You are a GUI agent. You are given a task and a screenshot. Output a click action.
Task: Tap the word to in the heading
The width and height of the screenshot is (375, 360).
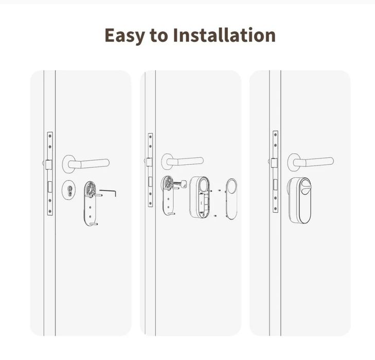pyautogui.click(x=159, y=36)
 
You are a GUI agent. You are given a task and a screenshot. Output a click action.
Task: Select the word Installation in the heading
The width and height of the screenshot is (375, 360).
pyautogui.click(x=225, y=35)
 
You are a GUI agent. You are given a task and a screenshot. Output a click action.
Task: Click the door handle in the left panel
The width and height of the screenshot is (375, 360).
pyautogui.click(x=86, y=164)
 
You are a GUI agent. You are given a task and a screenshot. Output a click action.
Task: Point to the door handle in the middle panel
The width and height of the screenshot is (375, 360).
pyautogui.click(x=182, y=161)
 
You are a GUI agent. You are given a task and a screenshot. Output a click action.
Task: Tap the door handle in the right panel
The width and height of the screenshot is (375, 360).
pyautogui.click(x=310, y=162)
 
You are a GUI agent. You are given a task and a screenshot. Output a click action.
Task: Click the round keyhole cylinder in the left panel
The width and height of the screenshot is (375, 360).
pyautogui.click(x=69, y=189)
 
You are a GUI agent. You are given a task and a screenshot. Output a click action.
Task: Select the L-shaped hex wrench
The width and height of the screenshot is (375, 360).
pyautogui.click(x=108, y=193)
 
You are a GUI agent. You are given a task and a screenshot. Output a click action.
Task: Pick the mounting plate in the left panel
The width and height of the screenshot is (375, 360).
pyautogui.click(x=91, y=203)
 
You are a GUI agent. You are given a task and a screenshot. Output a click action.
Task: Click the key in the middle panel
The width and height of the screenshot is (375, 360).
pyautogui.click(x=181, y=184)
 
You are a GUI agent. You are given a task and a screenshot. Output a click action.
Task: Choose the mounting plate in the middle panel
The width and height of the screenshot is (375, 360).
pyautogui.click(x=168, y=195)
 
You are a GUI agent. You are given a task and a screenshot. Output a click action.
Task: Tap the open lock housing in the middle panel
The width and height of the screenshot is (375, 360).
pyautogui.click(x=200, y=197)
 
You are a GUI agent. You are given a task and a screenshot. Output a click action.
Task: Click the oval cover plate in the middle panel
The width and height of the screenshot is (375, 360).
pyautogui.click(x=231, y=199)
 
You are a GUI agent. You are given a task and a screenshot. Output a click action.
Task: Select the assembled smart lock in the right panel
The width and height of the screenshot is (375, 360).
pyautogui.click(x=300, y=200)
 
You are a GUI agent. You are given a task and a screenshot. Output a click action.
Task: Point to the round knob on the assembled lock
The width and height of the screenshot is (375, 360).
pyautogui.click(x=306, y=186)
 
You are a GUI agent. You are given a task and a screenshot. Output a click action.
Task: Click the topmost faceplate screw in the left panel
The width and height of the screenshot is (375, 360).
pyautogui.click(x=50, y=136)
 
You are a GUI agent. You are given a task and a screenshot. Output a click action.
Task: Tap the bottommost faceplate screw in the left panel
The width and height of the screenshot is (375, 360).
pyautogui.click(x=50, y=211)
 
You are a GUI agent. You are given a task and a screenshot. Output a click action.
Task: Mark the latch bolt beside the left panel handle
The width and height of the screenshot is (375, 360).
pyautogui.click(x=48, y=165)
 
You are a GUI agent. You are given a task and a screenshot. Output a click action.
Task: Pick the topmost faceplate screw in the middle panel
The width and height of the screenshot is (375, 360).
pyautogui.click(x=150, y=137)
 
